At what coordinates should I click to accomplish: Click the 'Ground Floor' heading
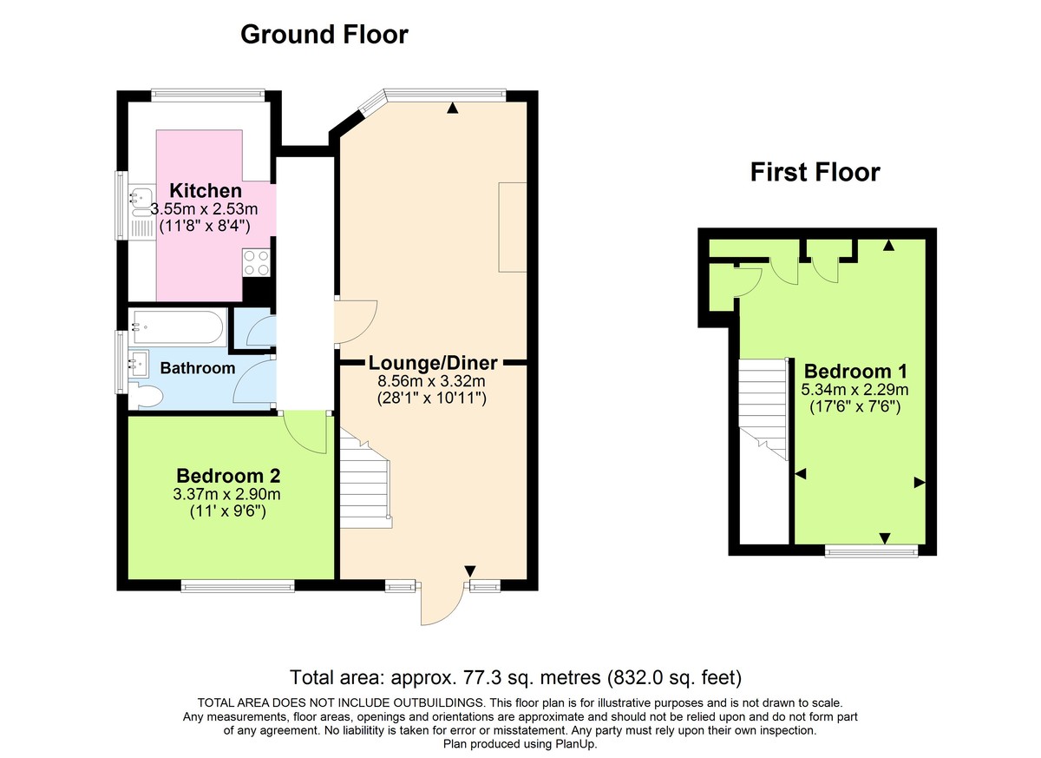pos(324,35)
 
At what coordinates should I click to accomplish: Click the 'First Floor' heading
pos(815,173)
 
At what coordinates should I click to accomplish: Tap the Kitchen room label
pos(206,190)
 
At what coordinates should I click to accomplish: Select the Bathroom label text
pos(198,368)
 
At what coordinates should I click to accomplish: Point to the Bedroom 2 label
pos(227,476)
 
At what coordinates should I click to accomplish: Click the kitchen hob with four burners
pos(256,262)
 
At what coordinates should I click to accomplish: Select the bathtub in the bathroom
pos(178,328)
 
